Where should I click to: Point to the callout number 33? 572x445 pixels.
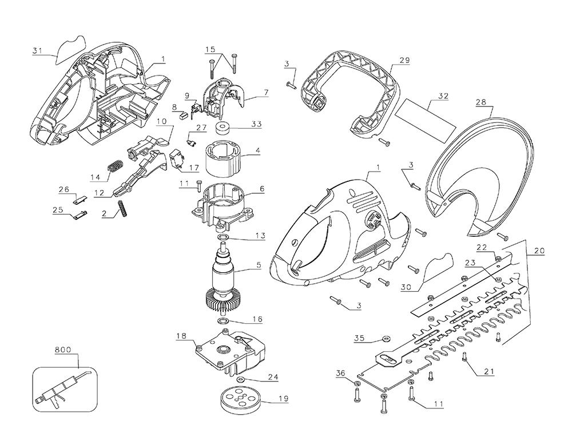tap(257, 124)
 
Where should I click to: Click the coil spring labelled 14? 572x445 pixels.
tap(116, 166)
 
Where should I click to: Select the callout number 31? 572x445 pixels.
tap(37, 51)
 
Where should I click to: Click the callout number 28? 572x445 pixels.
tap(480, 102)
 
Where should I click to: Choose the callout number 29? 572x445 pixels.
tap(405, 60)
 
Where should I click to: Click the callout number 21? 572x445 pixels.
tap(489, 372)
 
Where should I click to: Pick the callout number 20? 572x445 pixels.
tap(539, 250)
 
